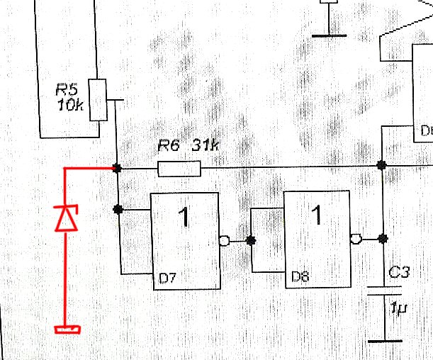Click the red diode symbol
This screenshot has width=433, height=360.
66,218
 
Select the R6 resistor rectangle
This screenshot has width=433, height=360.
179,169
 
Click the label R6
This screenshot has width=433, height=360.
169,147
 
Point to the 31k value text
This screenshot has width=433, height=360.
206,147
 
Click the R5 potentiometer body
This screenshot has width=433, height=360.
99,100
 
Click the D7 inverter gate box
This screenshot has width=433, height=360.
185,241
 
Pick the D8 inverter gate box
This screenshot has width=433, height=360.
317,240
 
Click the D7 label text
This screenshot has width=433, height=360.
167,279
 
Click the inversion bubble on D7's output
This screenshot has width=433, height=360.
225,240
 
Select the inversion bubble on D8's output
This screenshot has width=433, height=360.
358,239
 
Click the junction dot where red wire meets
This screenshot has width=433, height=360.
118,169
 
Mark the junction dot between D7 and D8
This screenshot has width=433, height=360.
250,240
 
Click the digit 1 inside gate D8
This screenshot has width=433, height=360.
318,214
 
